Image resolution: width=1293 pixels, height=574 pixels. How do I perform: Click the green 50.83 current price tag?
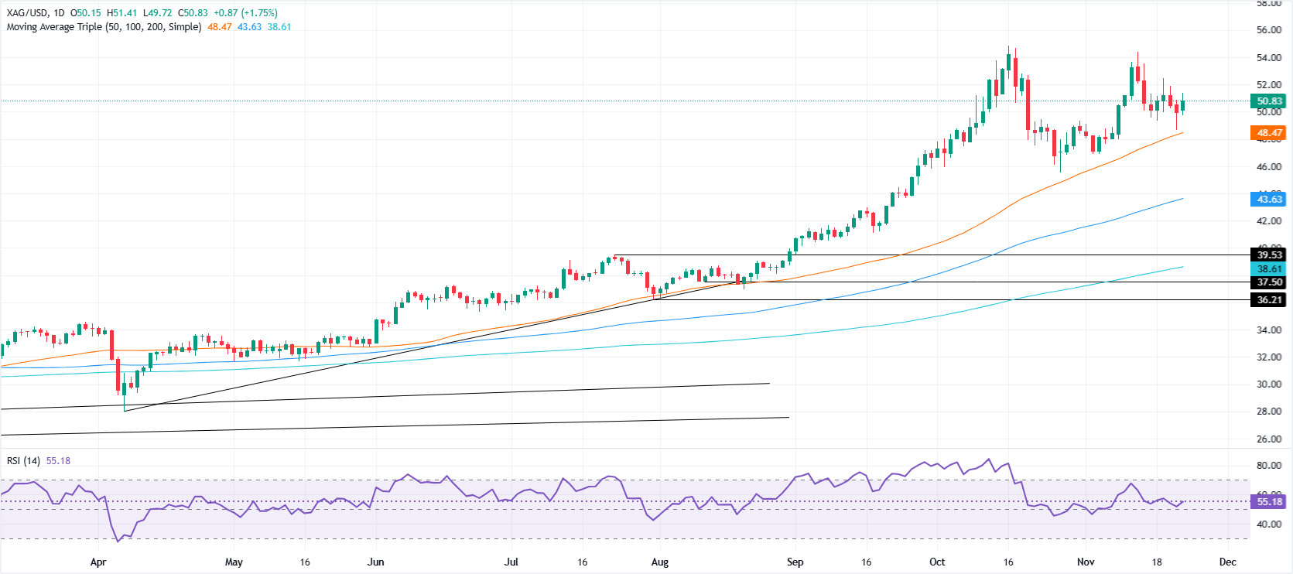click(x=1267, y=101)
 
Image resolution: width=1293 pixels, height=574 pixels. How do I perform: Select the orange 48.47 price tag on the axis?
click(x=1267, y=133)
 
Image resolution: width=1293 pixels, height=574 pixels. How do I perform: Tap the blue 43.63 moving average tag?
click(x=1267, y=200)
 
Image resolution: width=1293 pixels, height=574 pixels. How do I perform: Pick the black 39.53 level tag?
click(x=1267, y=255)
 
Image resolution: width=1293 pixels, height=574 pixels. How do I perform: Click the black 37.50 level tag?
click(x=1267, y=282)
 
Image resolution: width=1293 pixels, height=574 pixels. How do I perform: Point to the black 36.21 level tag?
click(x=1267, y=300)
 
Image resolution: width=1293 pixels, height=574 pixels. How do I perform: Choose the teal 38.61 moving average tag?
click(x=1267, y=269)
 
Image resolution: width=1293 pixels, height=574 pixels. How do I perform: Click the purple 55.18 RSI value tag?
click(x=1267, y=502)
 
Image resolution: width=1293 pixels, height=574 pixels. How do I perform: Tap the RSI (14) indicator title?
click(x=23, y=461)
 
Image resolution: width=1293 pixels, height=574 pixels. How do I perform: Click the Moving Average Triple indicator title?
click(x=104, y=27)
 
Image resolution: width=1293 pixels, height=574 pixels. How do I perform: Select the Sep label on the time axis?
click(x=795, y=562)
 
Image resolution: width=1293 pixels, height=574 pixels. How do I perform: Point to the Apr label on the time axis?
click(x=97, y=562)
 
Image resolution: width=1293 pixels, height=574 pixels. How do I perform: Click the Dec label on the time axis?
click(x=1227, y=562)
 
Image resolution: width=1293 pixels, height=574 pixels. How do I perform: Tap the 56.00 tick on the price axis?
click(x=1268, y=30)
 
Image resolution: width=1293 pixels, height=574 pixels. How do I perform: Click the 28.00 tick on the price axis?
click(x=1268, y=412)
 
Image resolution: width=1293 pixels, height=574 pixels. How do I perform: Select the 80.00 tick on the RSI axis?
click(x=1268, y=466)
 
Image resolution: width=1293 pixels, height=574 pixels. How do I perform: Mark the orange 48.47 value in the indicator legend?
click(x=219, y=27)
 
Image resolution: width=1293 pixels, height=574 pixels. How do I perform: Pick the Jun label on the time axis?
click(x=375, y=562)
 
